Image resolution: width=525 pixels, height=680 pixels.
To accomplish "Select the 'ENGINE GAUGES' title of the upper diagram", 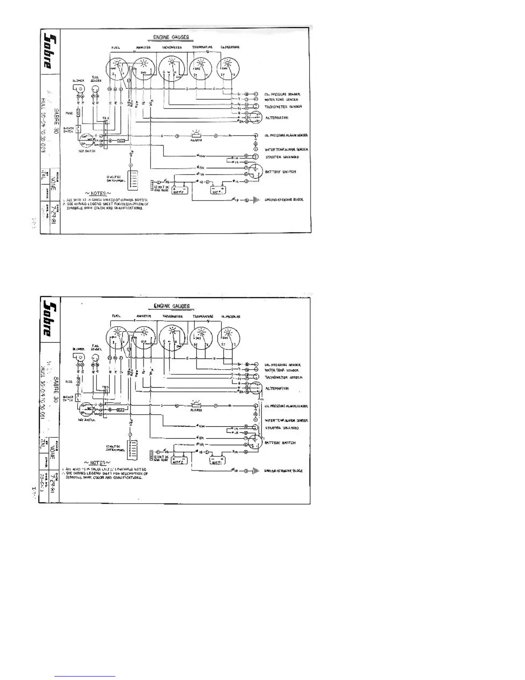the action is click(x=171, y=37).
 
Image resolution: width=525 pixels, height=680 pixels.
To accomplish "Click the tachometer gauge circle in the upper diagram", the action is click(x=171, y=69).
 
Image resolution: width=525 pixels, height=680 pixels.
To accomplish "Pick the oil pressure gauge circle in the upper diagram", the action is click(x=229, y=69).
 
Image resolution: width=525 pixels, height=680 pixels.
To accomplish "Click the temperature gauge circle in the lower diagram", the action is click(x=201, y=340).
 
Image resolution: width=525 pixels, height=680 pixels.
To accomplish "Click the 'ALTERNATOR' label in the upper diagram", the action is click(x=277, y=117).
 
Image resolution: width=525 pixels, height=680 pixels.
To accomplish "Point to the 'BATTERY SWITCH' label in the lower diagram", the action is click(x=280, y=443).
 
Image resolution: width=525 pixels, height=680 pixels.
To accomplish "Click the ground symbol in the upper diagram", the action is click(x=256, y=200).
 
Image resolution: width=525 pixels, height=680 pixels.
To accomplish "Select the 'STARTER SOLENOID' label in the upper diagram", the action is click(x=282, y=157).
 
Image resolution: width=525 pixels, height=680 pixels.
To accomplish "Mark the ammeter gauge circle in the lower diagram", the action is click(x=144, y=340).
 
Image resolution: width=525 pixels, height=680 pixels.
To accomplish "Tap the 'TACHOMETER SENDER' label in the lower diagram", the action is click(x=284, y=377).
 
